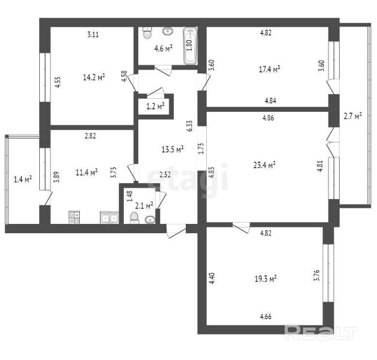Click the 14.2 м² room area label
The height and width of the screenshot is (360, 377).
tap(94, 77)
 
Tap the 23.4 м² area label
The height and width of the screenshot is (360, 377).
tap(264, 165)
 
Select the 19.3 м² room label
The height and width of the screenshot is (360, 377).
tap(265, 279)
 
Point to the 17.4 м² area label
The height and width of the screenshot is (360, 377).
tap(269, 69)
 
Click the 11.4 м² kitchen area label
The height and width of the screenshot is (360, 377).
tap(86, 172)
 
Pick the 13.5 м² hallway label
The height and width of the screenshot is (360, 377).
tap(173, 149)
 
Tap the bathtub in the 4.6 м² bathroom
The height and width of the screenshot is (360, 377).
tap(190, 46)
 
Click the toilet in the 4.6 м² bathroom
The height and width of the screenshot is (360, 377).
tap(147, 33)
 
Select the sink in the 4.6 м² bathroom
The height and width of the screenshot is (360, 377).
tap(168, 31)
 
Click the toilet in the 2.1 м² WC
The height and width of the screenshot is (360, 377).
tap(134, 218)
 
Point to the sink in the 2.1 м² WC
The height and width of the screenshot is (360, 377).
tap(150, 220)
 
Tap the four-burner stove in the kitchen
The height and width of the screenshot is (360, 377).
tap(74, 218)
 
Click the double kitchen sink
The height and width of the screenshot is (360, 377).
tap(109, 218)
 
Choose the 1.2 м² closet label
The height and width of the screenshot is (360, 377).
tap(156, 106)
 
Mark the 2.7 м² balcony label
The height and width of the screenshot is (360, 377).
tap(353, 116)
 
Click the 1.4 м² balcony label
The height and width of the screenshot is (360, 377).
tap(23, 179)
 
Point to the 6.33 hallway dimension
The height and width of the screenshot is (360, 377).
tap(189, 126)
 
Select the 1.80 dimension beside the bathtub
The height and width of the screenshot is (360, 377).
tap(189, 45)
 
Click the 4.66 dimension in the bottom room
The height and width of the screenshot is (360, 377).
tap(266, 316)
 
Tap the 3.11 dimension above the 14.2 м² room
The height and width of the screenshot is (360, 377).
tap(93, 34)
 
